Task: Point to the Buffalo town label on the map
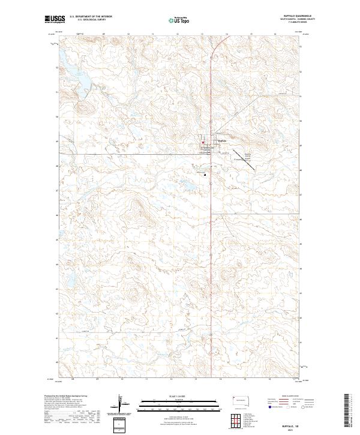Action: tap(221, 141)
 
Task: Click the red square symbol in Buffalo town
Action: tap(203, 142)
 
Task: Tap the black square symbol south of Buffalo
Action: tap(205, 175)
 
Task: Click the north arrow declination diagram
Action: tap(118, 404)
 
